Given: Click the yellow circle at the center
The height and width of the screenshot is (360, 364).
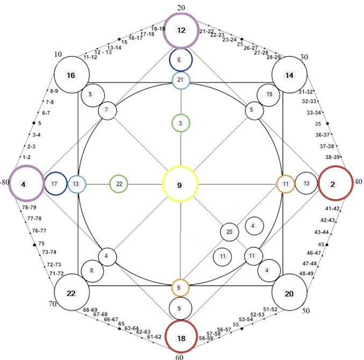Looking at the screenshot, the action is point(180,168).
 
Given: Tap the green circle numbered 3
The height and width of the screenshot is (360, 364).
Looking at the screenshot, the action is point(181,114).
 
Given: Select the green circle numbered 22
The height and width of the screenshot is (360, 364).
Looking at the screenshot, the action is point(119,176).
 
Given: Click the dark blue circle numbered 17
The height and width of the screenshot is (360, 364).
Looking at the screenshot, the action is point(56,172).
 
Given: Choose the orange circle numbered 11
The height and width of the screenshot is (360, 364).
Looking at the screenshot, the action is point(286,176).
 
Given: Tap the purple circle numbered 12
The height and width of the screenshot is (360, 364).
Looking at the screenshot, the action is point(181,13).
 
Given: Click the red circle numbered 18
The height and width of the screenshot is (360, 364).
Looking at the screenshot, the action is point(181,321).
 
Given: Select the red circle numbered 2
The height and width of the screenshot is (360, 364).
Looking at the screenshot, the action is point(336,167).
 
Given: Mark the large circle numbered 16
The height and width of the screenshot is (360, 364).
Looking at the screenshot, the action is point(72,57).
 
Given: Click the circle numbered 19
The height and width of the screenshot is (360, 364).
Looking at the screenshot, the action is point(268,84).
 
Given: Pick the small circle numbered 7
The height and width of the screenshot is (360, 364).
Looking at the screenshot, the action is point(108,102).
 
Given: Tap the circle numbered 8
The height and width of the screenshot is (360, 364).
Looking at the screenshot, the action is point(92,260).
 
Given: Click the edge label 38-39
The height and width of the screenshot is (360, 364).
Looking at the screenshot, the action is point(332,157).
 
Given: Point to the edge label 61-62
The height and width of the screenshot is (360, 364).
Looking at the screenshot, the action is point(154,337).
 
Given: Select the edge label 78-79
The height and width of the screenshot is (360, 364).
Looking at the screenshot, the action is point(29,207).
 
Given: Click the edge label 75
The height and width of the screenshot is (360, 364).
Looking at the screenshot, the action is point(41,243).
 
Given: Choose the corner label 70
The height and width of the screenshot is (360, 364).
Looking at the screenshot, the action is point(53,304).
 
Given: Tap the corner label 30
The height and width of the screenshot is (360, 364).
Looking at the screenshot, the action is point(304,57).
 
